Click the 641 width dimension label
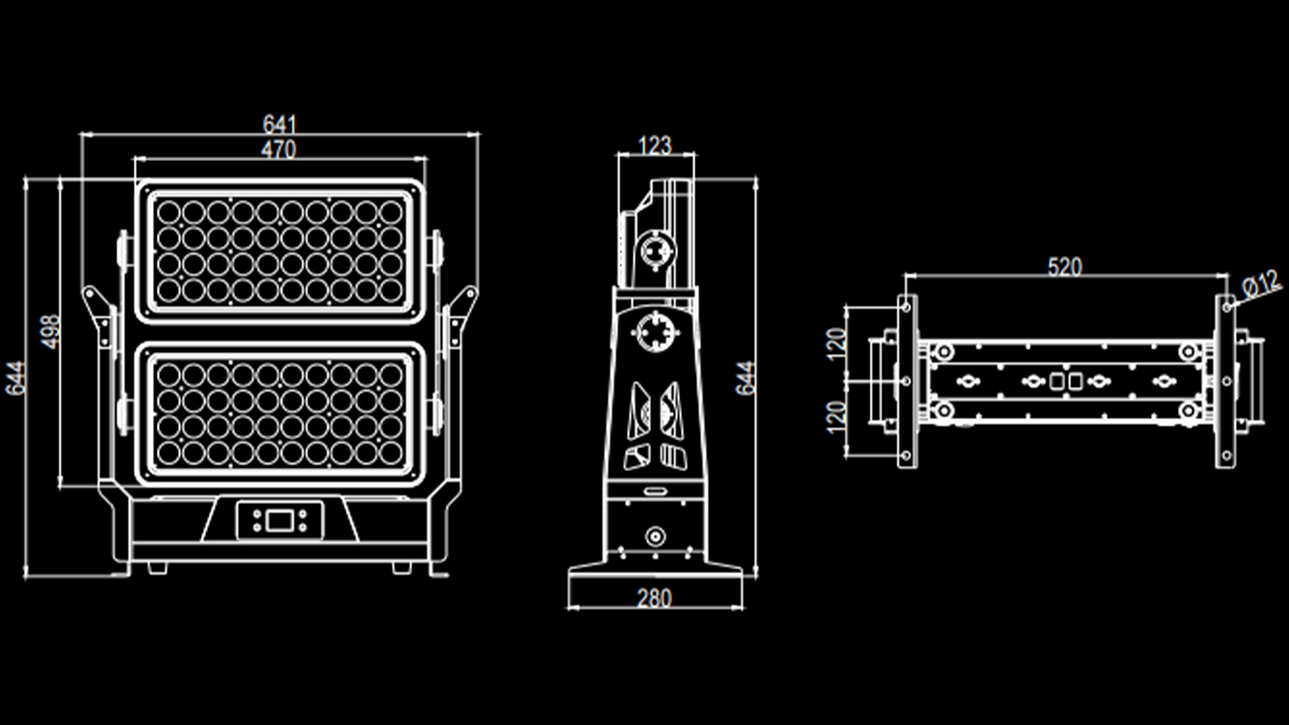[279, 124]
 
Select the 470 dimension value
[278, 150]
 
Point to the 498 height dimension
[50, 332]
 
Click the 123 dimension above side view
[654, 145]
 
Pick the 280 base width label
[654, 598]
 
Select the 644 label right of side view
[745, 378]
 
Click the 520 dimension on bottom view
[1064, 267]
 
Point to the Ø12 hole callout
[1261, 284]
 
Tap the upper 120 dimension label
[836, 344]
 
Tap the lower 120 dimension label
[836, 417]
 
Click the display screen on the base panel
[280, 520]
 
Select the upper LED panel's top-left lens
[169, 213]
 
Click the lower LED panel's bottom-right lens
[391, 452]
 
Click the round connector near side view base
[655, 536]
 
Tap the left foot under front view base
[157, 568]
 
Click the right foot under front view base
[401, 568]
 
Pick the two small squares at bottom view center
[1065, 381]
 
